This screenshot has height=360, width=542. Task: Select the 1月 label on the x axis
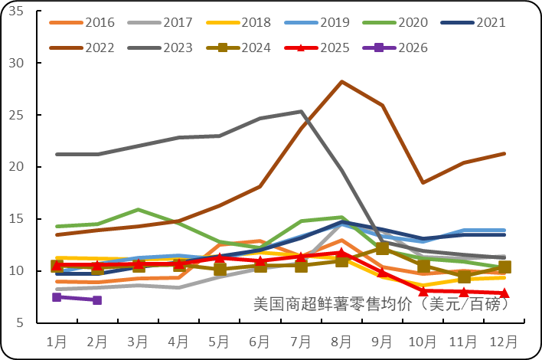point(57,340)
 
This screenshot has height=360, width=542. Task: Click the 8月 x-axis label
point(341,340)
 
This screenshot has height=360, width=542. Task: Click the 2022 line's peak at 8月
point(341,81)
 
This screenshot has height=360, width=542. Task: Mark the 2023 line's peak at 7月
point(301,111)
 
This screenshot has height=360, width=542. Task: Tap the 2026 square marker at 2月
point(97,300)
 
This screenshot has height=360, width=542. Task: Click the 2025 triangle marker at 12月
point(504,293)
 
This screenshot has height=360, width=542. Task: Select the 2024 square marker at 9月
point(382,248)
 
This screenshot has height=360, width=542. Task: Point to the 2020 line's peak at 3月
point(138,209)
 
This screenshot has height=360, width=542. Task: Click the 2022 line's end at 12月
point(504,153)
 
